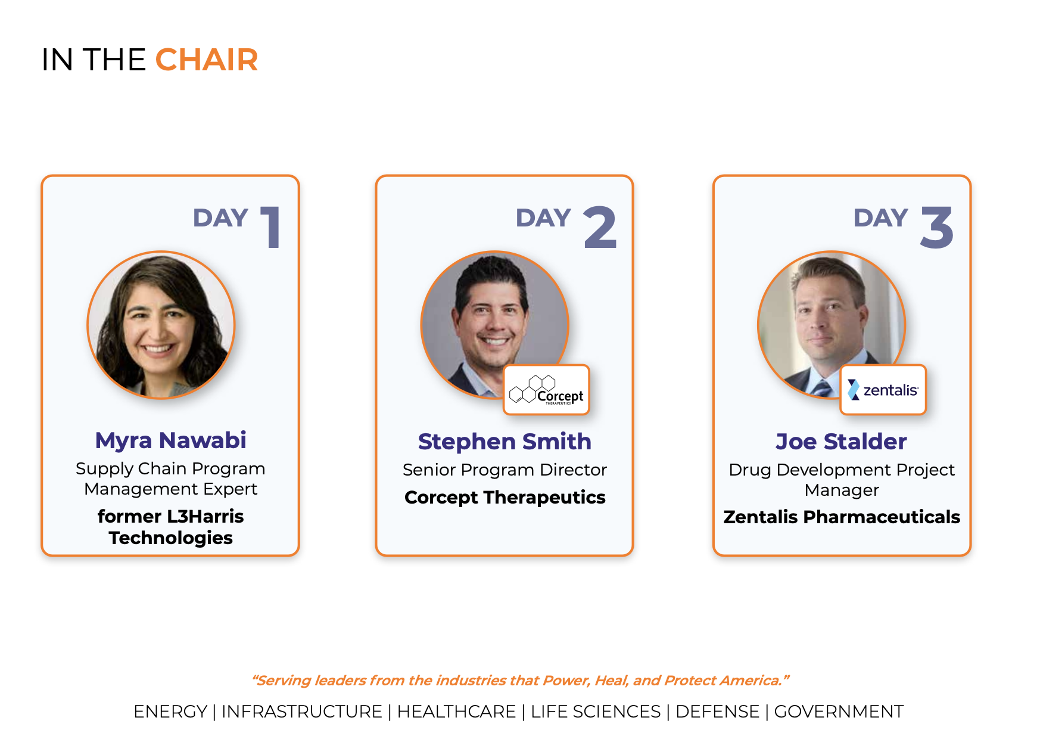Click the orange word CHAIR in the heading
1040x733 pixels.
pyautogui.click(x=207, y=60)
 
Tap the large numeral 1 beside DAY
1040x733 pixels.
pyautogui.click(x=272, y=226)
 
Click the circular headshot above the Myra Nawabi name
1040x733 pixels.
pyautogui.click(x=161, y=325)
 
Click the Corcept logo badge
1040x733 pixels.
pyautogui.click(x=546, y=390)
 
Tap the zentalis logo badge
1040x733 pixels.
pyautogui.click(x=883, y=390)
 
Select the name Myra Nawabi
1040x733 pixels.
pyautogui.click(x=170, y=440)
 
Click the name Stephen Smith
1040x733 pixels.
pyautogui.click(x=505, y=442)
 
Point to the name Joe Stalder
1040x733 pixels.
pyautogui.click(x=841, y=442)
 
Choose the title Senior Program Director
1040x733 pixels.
pyautogui.click(x=505, y=470)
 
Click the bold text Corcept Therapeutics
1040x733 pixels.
pyautogui.click(x=505, y=497)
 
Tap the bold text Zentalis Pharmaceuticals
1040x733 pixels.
pyautogui.click(x=842, y=517)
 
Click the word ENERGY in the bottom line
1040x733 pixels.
pyautogui.click(x=170, y=712)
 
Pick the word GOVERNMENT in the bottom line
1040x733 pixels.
pyautogui.click(x=839, y=712)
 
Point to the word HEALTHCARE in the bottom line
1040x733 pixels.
pyautogui.click(x=456, y=712)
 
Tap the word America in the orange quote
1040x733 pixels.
pyautogui.click(x=752, y=681)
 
